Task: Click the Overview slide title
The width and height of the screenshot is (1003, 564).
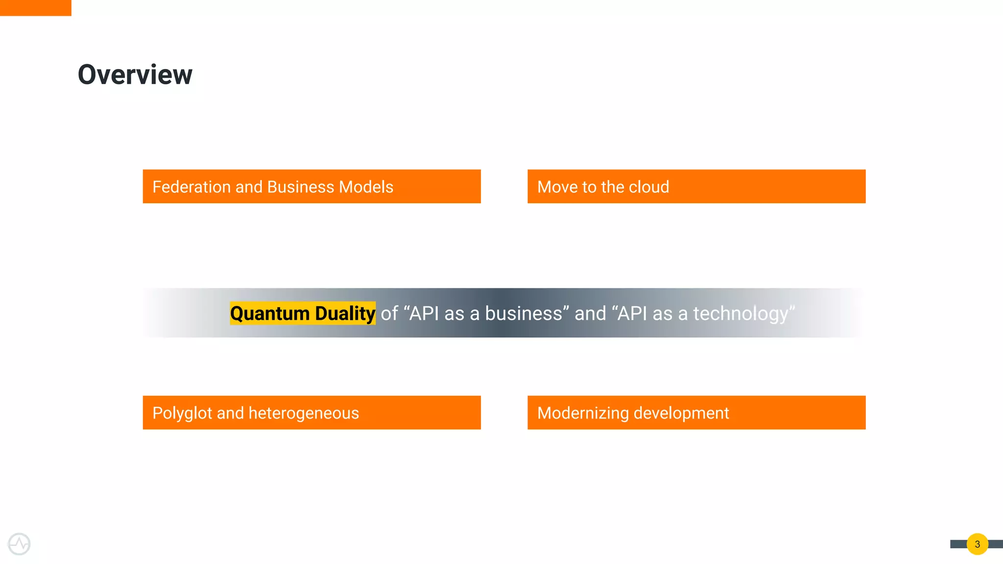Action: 135,75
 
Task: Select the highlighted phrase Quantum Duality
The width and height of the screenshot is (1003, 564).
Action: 303,313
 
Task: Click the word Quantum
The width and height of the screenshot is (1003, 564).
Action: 270,313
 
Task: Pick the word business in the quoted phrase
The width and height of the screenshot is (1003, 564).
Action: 523,313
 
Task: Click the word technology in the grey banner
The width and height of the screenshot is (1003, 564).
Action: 740,313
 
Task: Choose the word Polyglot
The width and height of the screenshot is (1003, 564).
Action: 182,413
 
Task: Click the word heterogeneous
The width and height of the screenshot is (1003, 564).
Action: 304,413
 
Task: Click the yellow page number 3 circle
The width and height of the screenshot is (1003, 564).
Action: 977,544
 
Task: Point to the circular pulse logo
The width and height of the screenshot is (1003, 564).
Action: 19,544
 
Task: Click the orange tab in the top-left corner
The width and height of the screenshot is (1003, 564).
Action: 35,8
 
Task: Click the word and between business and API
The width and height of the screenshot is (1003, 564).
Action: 590,313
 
